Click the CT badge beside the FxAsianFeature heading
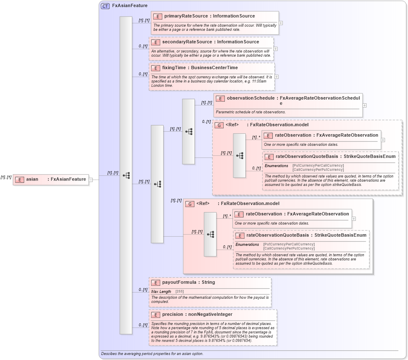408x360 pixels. pyautogui.click(x=105, y=6)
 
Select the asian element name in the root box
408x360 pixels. pyautogui.click(x=32, y=179)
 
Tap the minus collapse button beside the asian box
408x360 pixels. pyautogui.click(x=91, y=180)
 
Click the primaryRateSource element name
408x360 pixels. pyautogui.click(x=186, y=16)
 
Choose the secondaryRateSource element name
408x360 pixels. pyautogui.click(x=187, y=42)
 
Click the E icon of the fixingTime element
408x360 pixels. pyautogui.click(x=155, y=68)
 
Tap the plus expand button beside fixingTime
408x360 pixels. pyautogui.click(x=277, y=77)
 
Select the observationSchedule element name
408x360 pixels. pyautogui.click(x=250, y=98)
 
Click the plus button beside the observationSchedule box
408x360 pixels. pyautogui.click(x=365, y=105)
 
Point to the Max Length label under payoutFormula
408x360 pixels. pyautogui.click(x=161, y=292)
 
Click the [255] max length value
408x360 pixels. pyautogui.click(x=180, y=292)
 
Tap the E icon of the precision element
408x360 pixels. pyautogui.click(x=155, y=315)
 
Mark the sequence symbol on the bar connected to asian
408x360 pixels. pyautogui.click(x=126, y=175)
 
